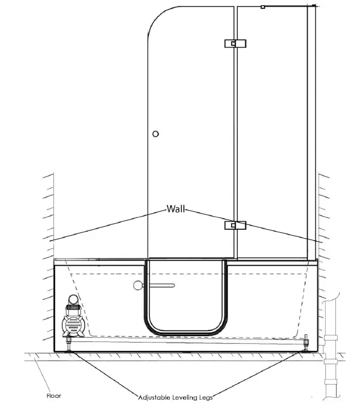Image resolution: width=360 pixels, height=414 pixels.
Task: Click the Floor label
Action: click(54, 396)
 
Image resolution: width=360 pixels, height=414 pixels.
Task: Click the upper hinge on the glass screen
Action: click(235, 43)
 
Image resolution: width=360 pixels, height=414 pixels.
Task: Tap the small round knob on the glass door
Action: click(156, 134)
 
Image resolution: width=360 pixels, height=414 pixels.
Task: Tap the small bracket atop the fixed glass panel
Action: click(263, 7)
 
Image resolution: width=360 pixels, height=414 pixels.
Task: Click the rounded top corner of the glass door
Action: click(157, 18)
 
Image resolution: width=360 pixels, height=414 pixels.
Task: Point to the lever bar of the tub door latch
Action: click(160, 286)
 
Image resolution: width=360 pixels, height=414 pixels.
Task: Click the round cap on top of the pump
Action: click(73, 299)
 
